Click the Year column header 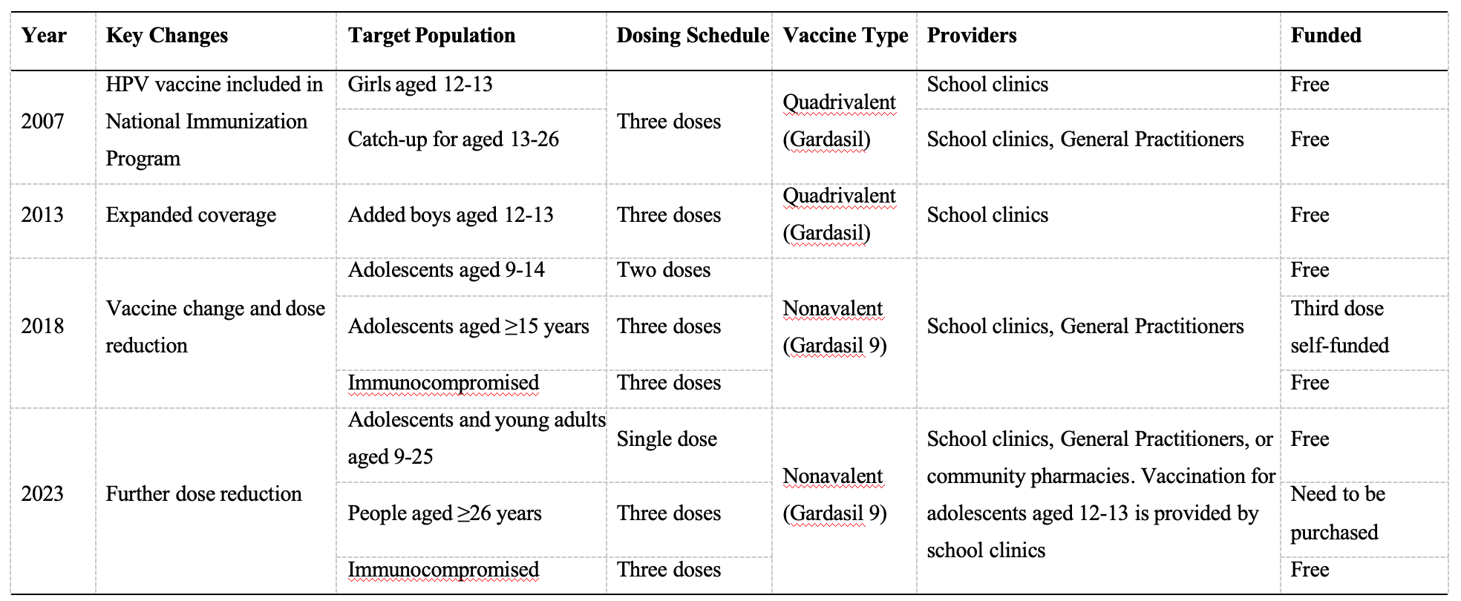[44, 36]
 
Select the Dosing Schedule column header [693, 36]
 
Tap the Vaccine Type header [846, 36]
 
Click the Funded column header [1326, 36]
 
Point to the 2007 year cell [42, 122]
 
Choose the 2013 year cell [42, 215]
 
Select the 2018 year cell [42, 326]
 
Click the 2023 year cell [42, 494]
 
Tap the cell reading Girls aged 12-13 [420, 85]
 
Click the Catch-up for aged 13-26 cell [454, 139]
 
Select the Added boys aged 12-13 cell [451, 215]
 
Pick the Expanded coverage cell [191, 215]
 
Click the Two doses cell [664, 270]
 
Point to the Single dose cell [667, 439]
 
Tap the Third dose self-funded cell [1340, 326]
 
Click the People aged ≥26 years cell [445, 513]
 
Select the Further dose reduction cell [203, 494]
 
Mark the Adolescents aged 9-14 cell [446, 270]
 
